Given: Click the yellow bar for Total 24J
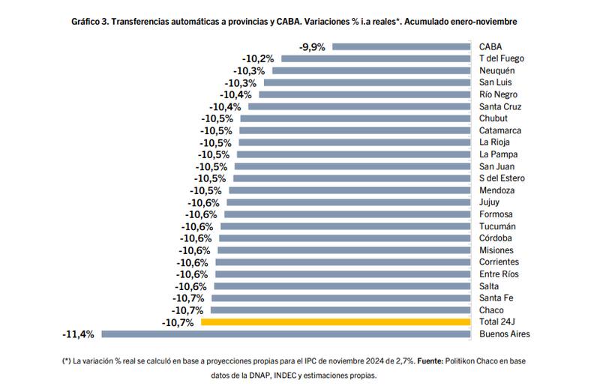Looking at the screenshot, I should [337, 322].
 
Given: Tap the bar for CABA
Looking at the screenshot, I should [401, 46].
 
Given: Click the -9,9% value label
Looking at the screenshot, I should [312, 46].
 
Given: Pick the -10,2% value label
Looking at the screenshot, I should [257, 58].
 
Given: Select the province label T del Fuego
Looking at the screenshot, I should [502, 58].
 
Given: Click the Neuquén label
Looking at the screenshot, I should [496, 70].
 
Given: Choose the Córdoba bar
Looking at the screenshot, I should [345, 238].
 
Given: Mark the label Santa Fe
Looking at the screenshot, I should [496, 298].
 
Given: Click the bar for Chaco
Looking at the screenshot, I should [342, 310].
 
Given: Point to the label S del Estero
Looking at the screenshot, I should [502, 178].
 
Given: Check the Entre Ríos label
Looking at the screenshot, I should [498, 274].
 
